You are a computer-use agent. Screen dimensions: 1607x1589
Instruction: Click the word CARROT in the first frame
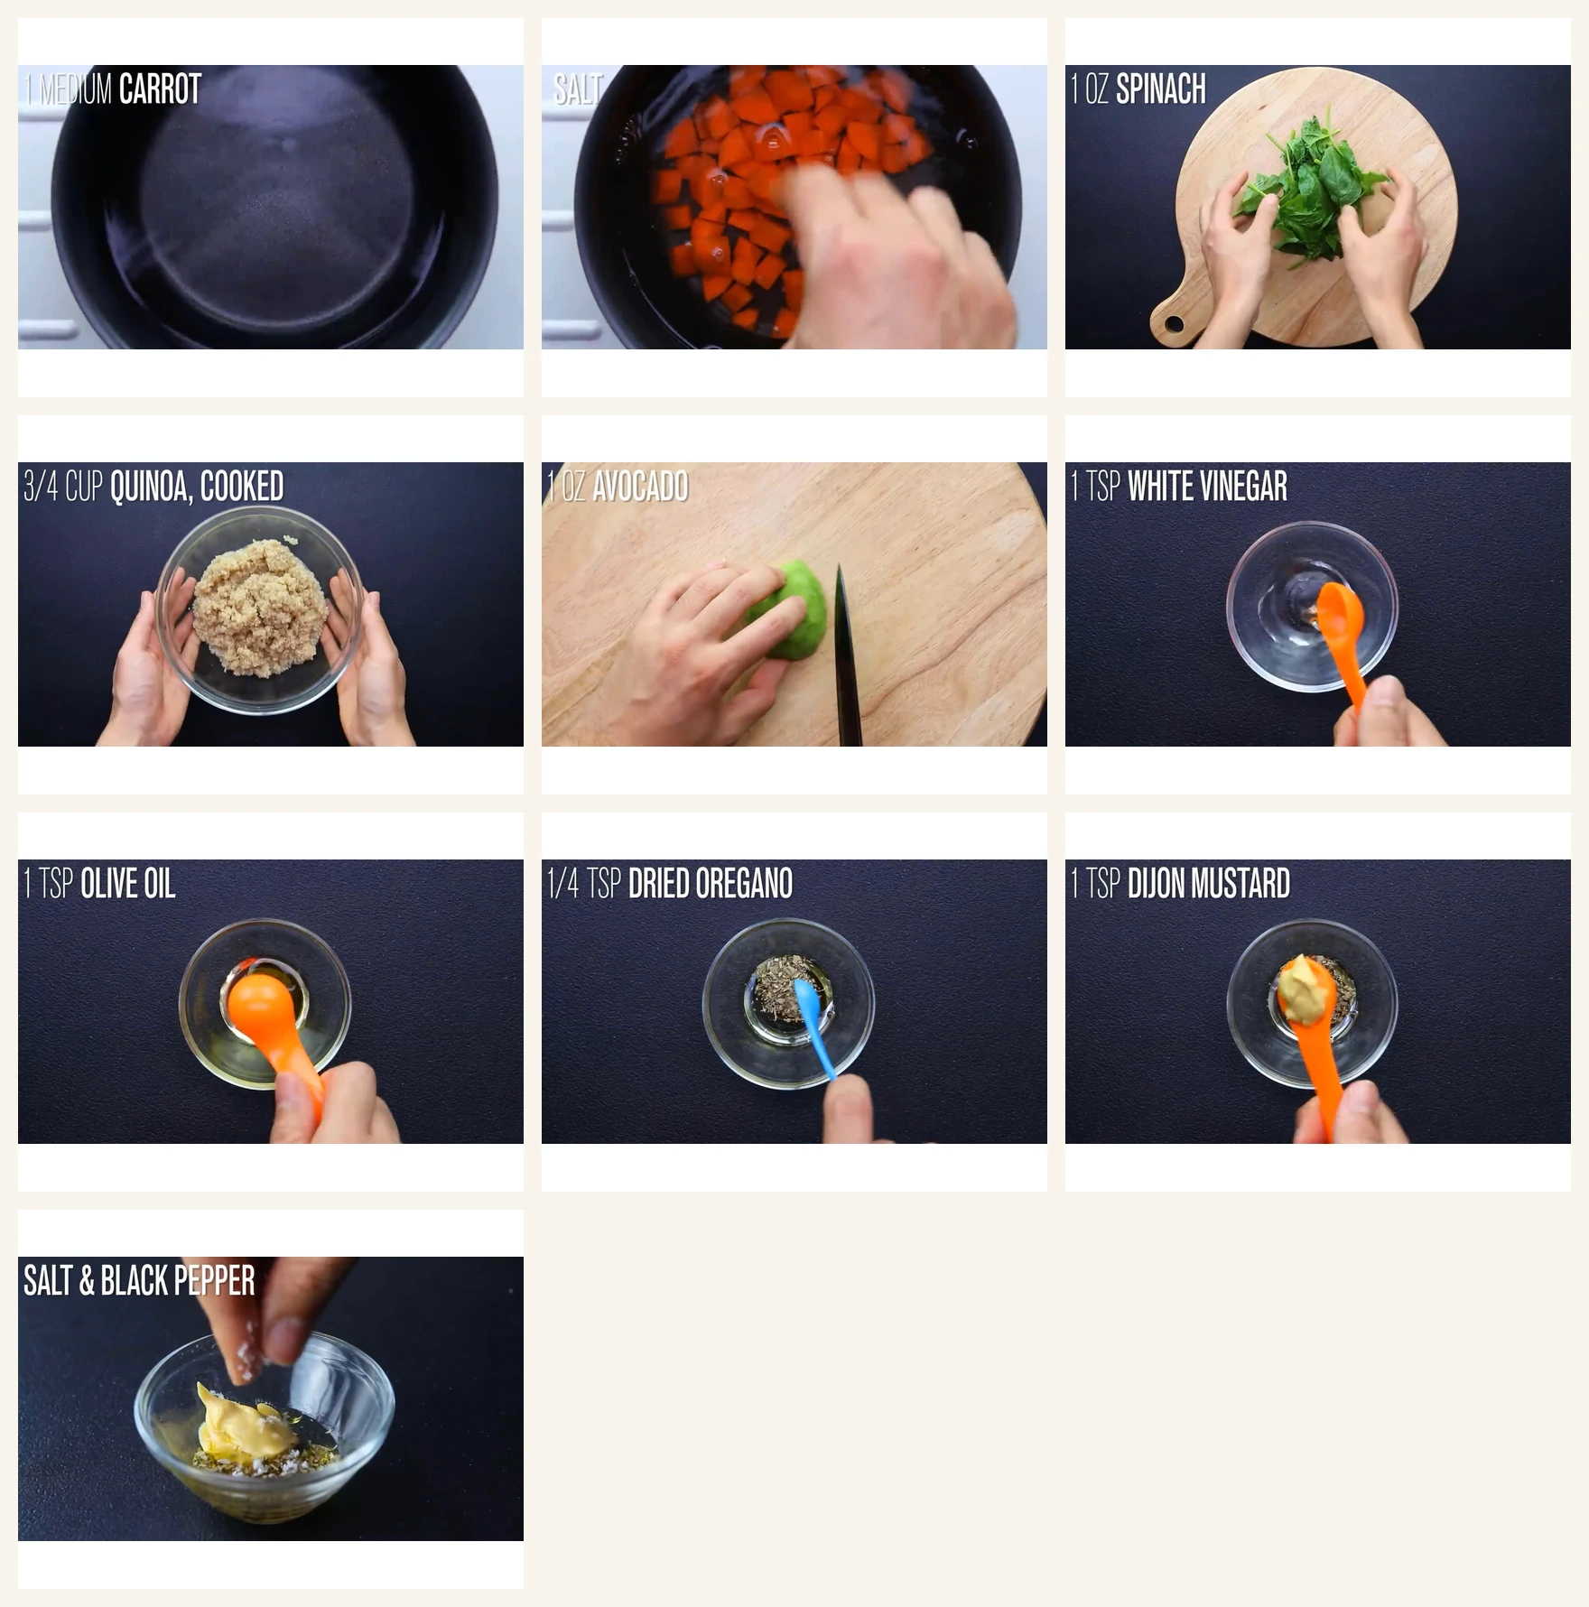[160, 89]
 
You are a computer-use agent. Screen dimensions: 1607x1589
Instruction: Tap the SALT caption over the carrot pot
[576, 89]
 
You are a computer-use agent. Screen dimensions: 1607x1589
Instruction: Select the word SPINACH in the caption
[1160, 89]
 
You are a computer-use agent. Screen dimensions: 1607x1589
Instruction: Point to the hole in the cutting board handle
[1173, 323]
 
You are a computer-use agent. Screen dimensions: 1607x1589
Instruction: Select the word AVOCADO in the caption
[640, 487]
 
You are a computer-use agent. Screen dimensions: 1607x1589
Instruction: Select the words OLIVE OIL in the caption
[127, 884]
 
